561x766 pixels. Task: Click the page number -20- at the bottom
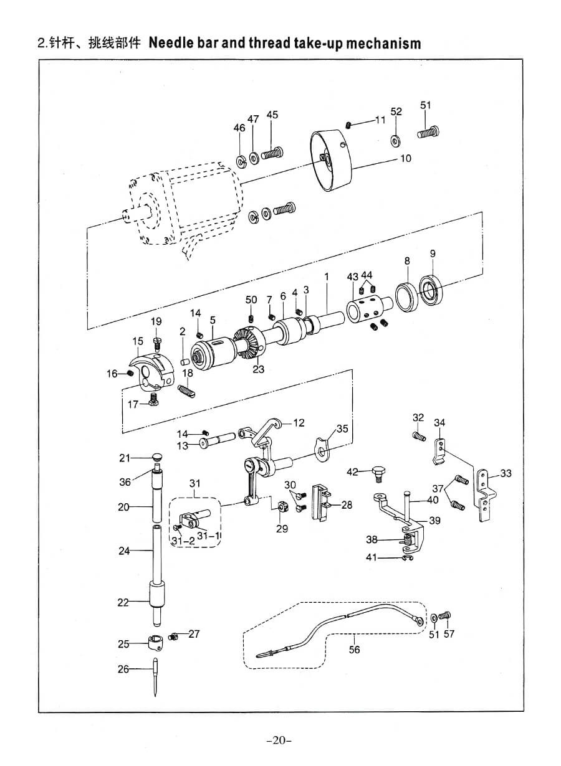point(279,740)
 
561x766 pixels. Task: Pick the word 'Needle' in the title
point(177,44)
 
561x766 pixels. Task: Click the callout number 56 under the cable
point(354,650)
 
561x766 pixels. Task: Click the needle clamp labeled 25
point(155,642)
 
